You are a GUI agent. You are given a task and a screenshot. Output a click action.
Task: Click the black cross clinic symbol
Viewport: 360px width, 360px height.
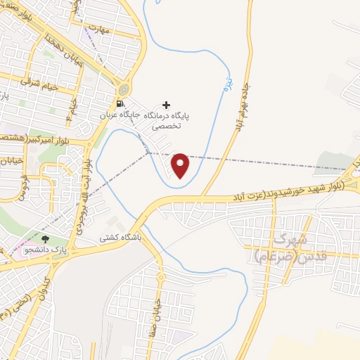(x=166, y=105)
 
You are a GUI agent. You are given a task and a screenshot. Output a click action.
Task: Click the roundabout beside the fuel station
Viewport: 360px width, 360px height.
(x=124, y=89)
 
